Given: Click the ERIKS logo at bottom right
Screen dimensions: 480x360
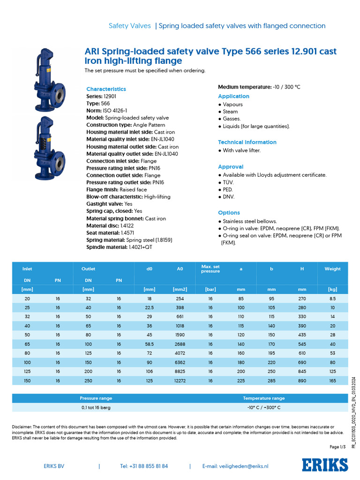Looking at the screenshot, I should [x=325, y=465].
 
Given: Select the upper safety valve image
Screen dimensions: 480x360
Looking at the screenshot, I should [x=47, y=80].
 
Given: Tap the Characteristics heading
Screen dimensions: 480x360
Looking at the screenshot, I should [x=106, y=89].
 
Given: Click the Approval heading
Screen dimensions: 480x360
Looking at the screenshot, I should [x=231, y=167].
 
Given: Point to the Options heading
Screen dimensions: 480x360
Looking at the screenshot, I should [x=229, y=213].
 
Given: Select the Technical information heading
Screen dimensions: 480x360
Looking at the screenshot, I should [x=247, y=142].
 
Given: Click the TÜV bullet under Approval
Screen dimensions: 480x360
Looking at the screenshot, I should [x=228, y=182].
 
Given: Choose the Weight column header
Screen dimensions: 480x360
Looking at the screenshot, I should [x=332, y=269].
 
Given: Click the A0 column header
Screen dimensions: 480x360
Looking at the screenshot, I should [x=180, y=269].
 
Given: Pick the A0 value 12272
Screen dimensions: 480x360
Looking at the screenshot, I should [x=180, y=381].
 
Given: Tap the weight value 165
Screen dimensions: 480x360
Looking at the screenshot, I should [x=332, y=381].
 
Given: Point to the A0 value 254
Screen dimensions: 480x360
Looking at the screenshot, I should [x=180, y=298].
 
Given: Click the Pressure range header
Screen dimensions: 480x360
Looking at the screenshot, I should [x=96, y=398].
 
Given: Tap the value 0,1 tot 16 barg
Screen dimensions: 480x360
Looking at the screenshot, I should [x=96, y=407].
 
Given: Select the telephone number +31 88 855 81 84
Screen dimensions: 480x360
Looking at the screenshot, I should [x=144, y=466].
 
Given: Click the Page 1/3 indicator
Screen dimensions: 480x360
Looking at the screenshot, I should [x=337, y=447].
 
